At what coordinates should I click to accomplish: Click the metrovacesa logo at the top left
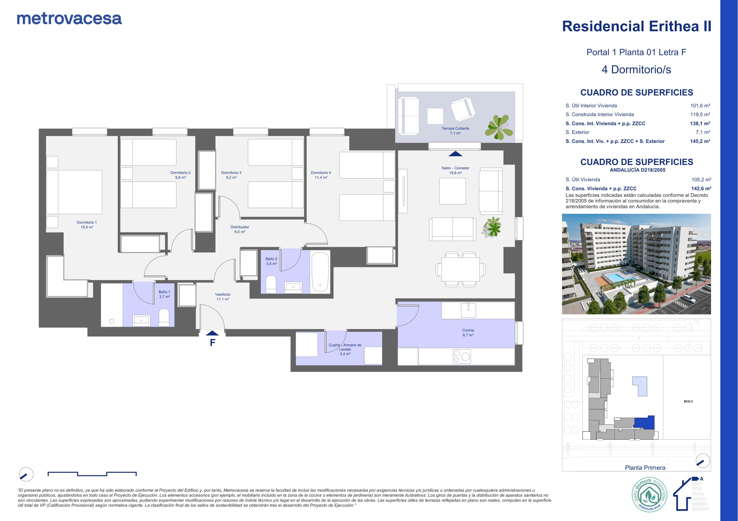[x=69, y=19]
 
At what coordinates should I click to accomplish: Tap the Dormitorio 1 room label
[x=87, y=225]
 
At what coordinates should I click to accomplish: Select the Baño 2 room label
[x=271, y=261]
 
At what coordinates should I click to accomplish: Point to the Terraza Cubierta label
[x=455, y=131]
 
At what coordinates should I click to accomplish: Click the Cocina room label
[x=468, y=333]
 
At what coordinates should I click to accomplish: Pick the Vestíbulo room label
[x=223, y=297]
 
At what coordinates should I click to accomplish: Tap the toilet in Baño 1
[x=164, y=317]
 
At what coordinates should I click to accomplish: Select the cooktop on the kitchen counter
[x=462, y=356]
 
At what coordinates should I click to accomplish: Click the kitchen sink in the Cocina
[x=468, y=310]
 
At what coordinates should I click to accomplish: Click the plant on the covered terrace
[x=498, y=127]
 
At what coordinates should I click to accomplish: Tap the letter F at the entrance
[x=213, y=343]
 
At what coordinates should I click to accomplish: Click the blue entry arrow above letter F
[x=212, y=333]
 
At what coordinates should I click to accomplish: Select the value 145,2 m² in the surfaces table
[x=700, y=141]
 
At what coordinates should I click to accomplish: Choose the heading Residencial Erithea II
[x=636, y=26]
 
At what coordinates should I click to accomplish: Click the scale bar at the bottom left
[x=92, y=474]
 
